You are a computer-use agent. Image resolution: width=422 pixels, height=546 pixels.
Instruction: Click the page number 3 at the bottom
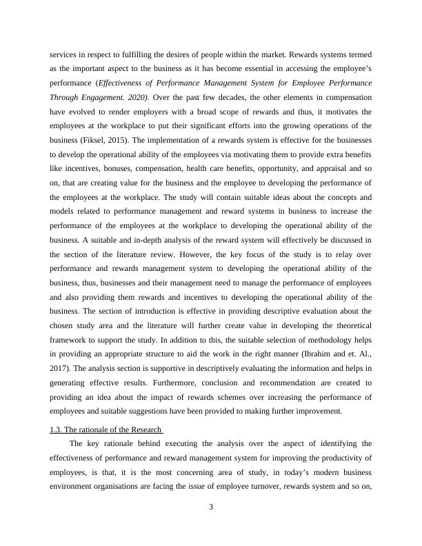[x=211, y=508]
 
